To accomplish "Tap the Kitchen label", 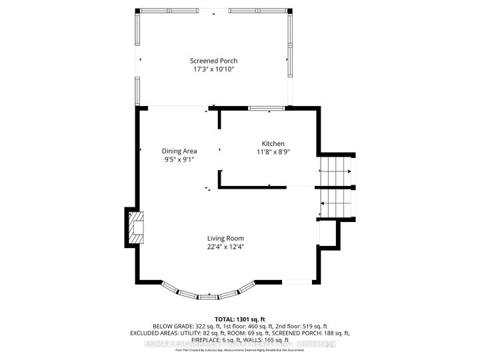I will pos(273,144).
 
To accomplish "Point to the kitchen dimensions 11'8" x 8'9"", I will pos(273,152).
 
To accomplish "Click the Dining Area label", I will pos(179,151).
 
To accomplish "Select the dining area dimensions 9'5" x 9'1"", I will pos(179,159).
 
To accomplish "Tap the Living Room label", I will pos(225,238).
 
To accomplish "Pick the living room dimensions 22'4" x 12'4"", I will pos(225,246).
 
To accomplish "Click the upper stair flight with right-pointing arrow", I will pos(336,171).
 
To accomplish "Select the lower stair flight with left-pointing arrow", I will pos(336,203).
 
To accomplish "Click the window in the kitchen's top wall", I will pos(266,108).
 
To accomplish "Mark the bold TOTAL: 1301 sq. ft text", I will pos(239,319).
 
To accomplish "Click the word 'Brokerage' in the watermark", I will pos(318,344).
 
